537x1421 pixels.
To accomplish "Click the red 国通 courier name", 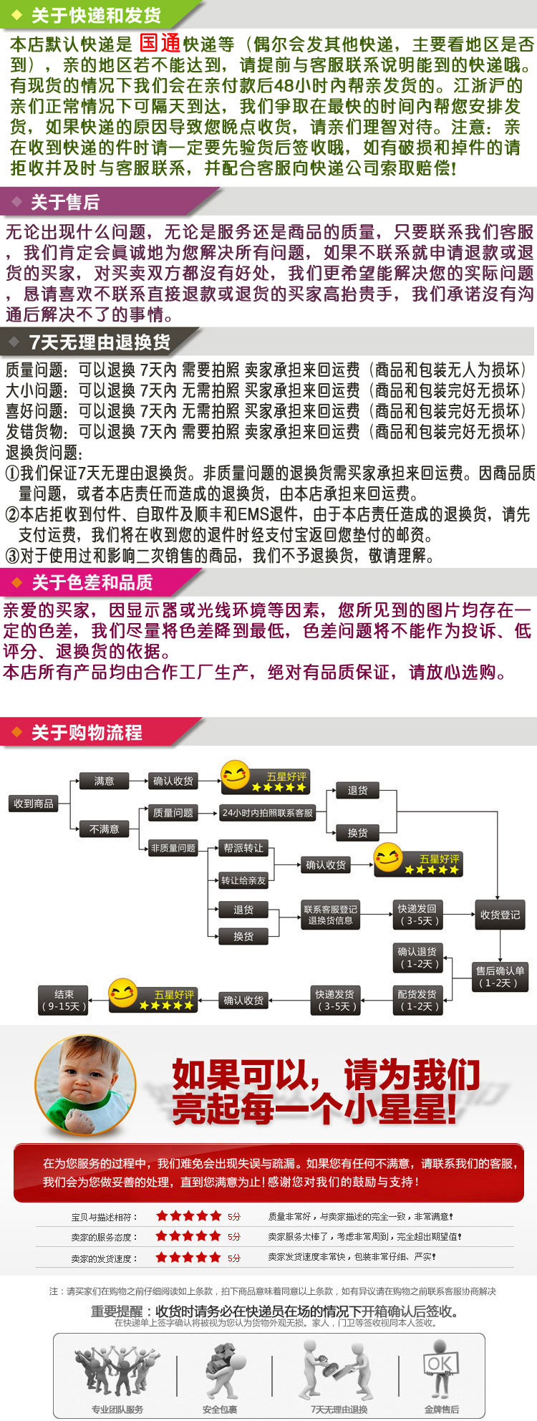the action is point(159,43).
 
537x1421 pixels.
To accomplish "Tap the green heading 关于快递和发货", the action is point(96,15).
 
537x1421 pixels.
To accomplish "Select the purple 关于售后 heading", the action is point(64,203).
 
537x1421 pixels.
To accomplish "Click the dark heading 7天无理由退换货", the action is point(100,343).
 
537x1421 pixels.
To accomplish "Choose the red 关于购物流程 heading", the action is point(87,733).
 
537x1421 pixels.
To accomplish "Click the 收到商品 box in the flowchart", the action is point(34,804).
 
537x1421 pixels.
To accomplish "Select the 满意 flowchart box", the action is point(105,781).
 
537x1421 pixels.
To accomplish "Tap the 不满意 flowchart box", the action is point(105,829).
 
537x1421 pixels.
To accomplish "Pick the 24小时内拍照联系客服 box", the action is point(267,813).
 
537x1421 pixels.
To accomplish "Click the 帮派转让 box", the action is point(243,848).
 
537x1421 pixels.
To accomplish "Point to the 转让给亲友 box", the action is point(243,880).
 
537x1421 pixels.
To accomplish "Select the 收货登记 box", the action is point(500,915).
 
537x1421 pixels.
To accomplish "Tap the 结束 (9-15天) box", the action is point(64,1000).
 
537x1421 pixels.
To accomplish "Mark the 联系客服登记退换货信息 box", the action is point(330,915).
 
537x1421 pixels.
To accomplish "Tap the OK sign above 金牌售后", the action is point(440,1364).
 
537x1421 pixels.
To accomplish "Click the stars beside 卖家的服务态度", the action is point(189,1235).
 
